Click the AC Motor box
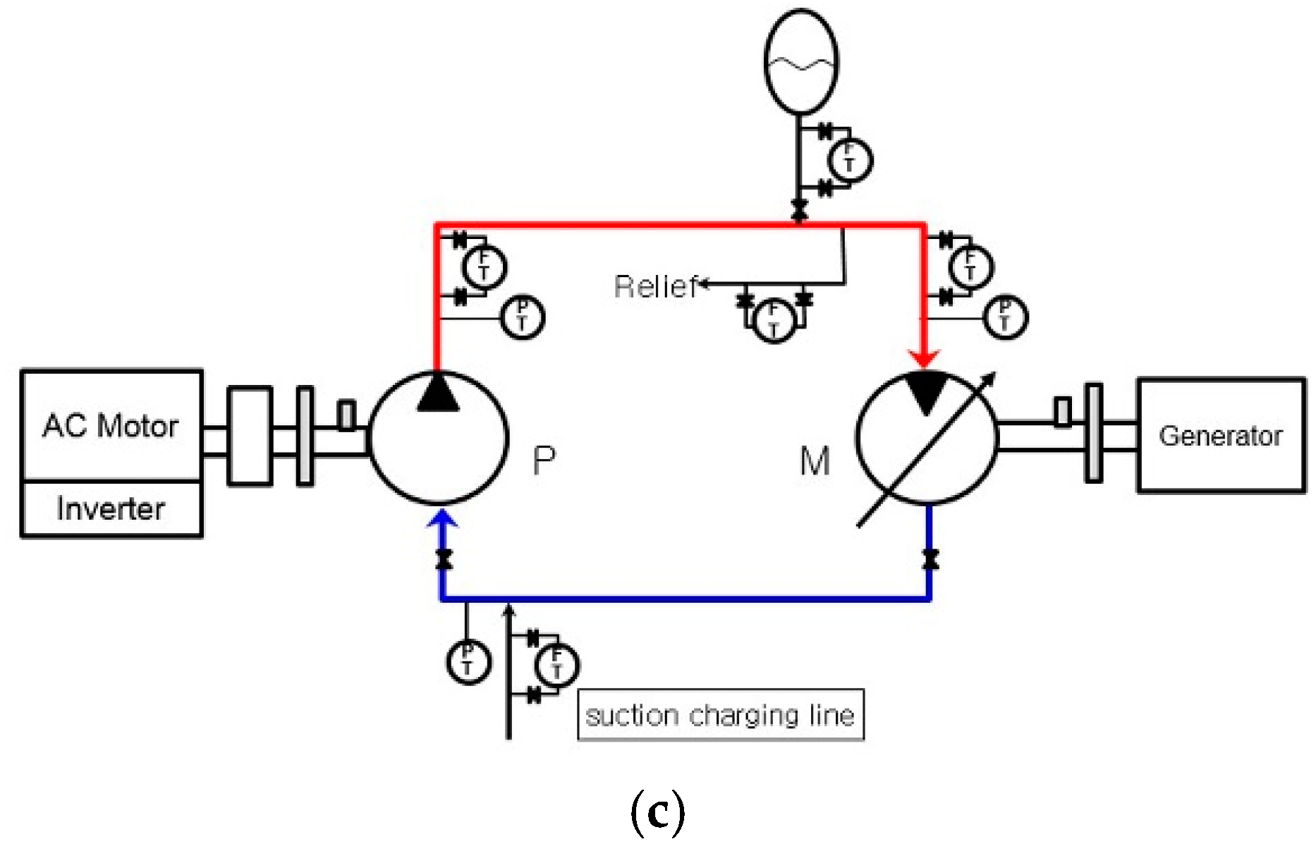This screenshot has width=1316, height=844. point(111,425)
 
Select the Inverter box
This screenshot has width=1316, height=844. point(111,508)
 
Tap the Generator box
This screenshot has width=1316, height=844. point(1221,435)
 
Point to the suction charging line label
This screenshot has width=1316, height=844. point(720,715)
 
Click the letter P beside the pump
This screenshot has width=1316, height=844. point(544,461)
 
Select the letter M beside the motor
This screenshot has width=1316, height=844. point(815,462)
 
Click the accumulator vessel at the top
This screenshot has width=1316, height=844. point(801,61)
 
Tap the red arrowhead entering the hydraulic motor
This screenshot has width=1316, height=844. point(924,358)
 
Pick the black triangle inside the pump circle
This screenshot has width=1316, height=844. point(438,393)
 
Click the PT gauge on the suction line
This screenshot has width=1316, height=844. point(468,661)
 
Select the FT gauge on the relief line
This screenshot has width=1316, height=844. point(774,320)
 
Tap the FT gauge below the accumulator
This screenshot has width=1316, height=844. point(849,160)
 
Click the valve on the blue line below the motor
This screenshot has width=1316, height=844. point(930,559)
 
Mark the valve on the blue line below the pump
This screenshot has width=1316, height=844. point(444,559)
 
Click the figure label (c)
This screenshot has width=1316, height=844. point(657,812)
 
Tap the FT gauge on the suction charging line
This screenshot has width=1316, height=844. point(556,665)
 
